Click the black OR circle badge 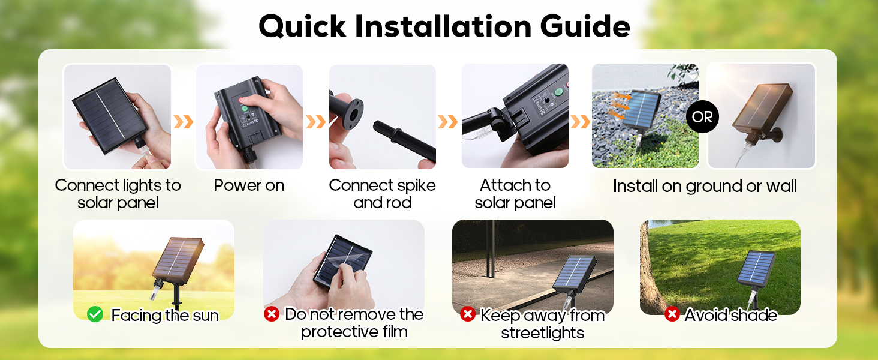pyautogui.click(x=702, y=116)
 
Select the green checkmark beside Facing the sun pyautogui.click(x=95, y=314)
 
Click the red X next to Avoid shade pyautogui.click(x=672, y=314)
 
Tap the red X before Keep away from pyautogui.click(x=468, y=314)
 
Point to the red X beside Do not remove pyautogui.click(x=272, y=314)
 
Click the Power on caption pyautogui.click(x=249, y=185)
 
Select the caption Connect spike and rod pyautogui.click(x=382, y=194)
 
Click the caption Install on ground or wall pyautogui.click(x=704, y=186)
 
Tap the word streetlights pyautogui.click(x=542, y=332)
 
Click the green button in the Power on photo pyautogui.click(x=245, y=110)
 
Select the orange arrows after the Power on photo pyautogui.click(x=315, y=122)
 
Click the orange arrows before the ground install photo pyautogui.click(x=580, y=122)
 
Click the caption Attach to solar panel pyautogui.click(x=515, y=194)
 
